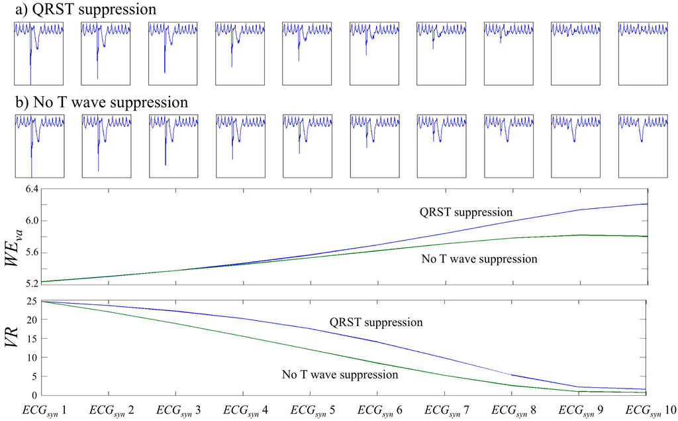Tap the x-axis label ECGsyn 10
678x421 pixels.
646,410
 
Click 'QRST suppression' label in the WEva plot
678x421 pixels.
466,213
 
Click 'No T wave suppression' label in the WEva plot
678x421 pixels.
479,259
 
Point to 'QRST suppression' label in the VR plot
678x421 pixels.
375,323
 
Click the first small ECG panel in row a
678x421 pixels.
38,53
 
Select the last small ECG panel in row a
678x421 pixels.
642,53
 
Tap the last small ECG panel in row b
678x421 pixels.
642,145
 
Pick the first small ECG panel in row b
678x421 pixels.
38,145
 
